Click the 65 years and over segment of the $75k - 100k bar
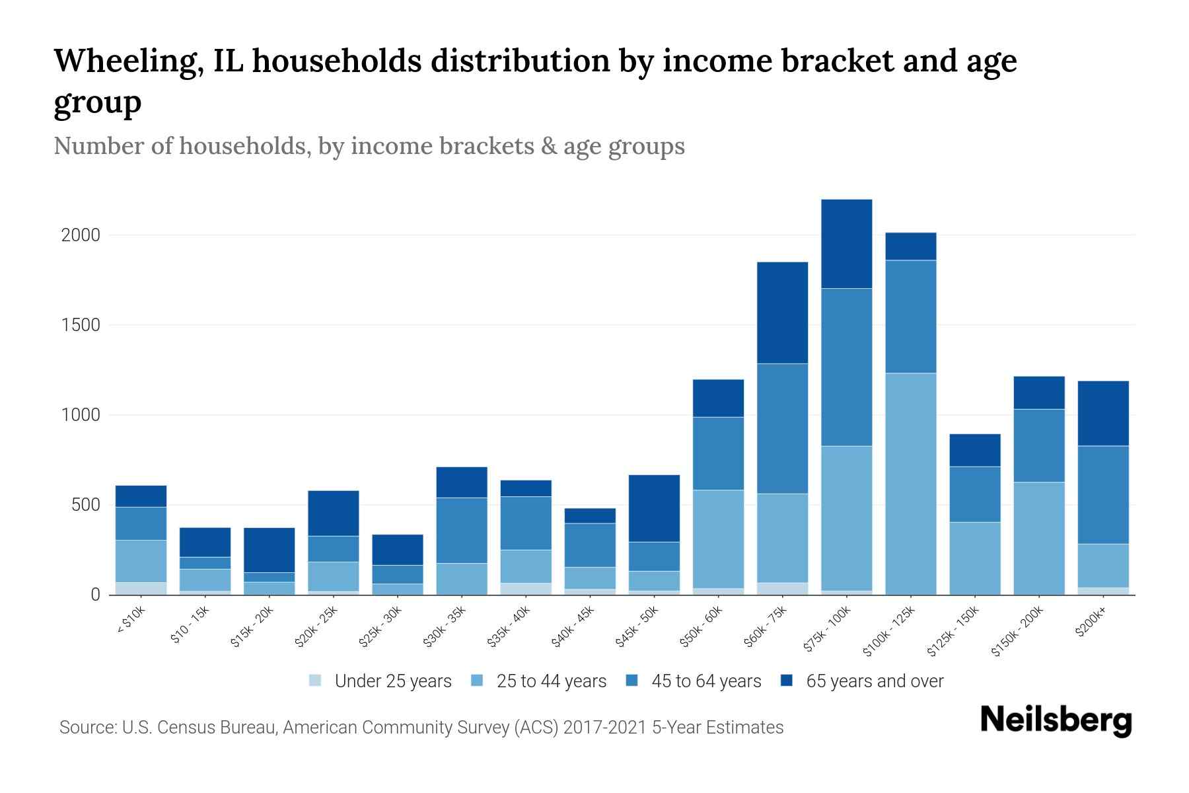846,243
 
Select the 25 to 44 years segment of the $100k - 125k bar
910,484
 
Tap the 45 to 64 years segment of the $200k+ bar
1102,495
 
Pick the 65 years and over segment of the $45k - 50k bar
654,508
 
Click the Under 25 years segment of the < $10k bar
141,588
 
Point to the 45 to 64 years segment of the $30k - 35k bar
462,530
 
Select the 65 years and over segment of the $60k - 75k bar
782,313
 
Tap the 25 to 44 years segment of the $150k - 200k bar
1038,538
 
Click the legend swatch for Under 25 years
316,681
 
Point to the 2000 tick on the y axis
81,235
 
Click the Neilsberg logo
1056,720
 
